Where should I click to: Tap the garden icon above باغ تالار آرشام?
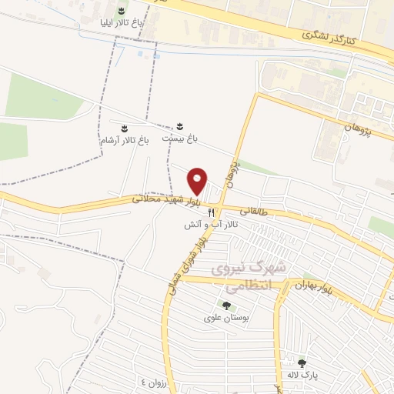point(123,125)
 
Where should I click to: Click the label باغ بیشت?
point(179,139)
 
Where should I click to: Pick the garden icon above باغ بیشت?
point(180,125)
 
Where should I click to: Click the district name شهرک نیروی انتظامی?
point(248,275)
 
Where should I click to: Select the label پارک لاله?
point(302,374)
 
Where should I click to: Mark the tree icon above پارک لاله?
point(302,362)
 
